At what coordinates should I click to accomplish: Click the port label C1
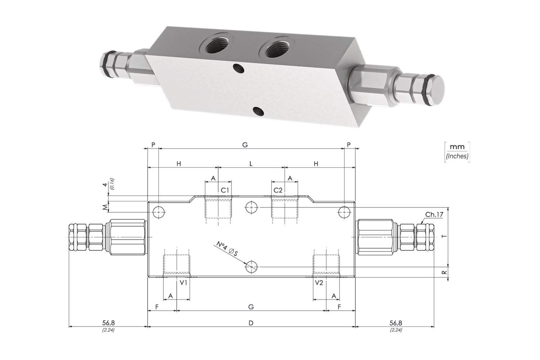[225, 190]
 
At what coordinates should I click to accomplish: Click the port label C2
[278, 190]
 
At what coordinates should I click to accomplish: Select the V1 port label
[183, 283]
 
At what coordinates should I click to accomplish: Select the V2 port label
[319, 283]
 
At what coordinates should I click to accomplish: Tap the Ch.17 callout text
[434, 215]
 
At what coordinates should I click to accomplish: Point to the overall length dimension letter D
[251, 323]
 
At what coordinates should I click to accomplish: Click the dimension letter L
[251, 164]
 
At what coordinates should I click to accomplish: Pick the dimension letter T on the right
[444, 236]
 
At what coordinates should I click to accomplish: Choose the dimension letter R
[444, 272]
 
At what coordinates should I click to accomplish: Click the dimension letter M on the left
[105, 207]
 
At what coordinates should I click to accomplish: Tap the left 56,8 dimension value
[108, 323]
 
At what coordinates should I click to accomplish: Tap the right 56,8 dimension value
[396, 323]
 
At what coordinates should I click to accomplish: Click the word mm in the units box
[457, 147]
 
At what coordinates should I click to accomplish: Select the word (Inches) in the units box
[457, 156]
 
